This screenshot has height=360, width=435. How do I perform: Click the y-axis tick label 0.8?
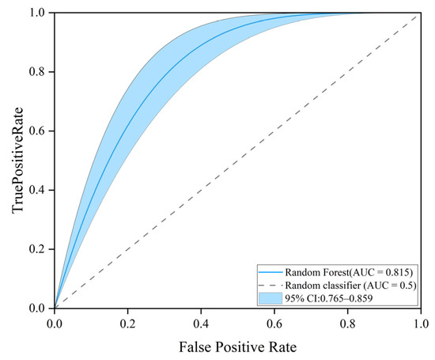(36, 72)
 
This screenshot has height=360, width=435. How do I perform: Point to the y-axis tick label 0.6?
(36, 131)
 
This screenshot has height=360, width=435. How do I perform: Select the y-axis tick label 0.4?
(36, 190)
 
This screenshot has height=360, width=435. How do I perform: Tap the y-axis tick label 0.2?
(36, 249)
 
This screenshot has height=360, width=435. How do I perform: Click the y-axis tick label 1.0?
(36, 13)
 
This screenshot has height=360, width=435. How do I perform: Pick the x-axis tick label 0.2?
(127, 324)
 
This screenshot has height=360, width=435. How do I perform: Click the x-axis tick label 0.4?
(201, 324)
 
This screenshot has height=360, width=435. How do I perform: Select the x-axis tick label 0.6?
(274, 324)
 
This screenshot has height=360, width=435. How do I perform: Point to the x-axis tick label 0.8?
(348, 324)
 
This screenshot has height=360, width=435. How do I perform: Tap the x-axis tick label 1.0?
(421, 324)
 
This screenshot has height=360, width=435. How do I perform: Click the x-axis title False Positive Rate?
(238, 347)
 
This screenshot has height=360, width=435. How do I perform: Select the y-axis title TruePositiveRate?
(17, 161)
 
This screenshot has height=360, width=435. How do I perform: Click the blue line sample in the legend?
(270, 272)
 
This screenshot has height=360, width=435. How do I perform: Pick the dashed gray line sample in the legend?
(270, 286)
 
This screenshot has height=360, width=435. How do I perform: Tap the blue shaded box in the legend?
(270, 298)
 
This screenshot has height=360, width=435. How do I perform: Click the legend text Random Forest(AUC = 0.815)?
(349, 272)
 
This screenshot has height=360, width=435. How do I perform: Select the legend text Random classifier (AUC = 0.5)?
(351, 286)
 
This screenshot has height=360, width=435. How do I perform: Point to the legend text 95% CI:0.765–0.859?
(329, 298)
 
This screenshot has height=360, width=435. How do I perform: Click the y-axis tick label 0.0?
(36, 308)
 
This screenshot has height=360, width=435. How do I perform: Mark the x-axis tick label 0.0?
(55, 324)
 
